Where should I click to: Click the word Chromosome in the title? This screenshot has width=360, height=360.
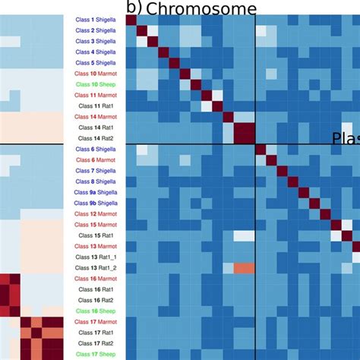201,8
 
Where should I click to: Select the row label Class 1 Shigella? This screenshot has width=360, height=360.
96,19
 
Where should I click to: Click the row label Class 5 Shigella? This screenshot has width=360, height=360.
96,62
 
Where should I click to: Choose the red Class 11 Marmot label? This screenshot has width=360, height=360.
96,95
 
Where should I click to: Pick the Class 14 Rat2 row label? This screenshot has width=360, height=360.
96,138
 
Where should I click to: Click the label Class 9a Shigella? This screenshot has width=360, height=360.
96,192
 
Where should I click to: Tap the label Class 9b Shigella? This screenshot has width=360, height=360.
96,203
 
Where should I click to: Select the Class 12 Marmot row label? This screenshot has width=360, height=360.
96,214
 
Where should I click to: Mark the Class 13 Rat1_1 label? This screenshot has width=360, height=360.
96,257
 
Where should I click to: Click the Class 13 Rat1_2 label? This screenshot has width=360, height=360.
96,268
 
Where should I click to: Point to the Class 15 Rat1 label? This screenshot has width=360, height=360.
96,235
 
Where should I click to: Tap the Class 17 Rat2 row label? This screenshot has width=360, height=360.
96,343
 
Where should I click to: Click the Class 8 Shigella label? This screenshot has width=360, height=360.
96,182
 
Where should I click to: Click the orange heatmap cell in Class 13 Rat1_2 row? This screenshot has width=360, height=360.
243,268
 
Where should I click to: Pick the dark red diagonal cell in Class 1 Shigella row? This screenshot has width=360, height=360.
131,19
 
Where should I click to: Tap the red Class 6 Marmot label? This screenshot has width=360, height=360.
96,159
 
